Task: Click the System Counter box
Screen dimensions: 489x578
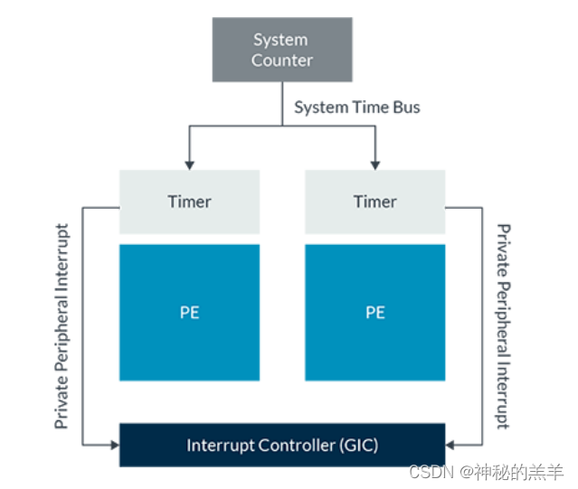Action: click(x=281, y=51)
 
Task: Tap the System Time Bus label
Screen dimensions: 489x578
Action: click(x=357, y=108)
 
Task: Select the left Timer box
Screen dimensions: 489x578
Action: click(x=189, y=202)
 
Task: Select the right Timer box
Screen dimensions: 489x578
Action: click(x=374, y=202)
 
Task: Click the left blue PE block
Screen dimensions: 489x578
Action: click(x=189, y=313)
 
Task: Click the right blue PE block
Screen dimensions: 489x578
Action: click(x=374, y=313)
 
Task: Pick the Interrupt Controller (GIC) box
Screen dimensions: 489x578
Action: click(x=282, y=445)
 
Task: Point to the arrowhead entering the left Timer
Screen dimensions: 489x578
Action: click(x=189, y=165)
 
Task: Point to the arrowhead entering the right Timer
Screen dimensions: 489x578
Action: click(x=374, y=165)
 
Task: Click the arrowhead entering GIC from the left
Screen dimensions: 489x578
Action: click(x=114, y=445)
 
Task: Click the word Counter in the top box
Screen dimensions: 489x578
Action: click(x=281, y=61)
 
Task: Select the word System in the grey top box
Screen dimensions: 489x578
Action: click(x=280, y=40)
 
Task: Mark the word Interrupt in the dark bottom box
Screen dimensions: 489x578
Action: click(x=220, y=445)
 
